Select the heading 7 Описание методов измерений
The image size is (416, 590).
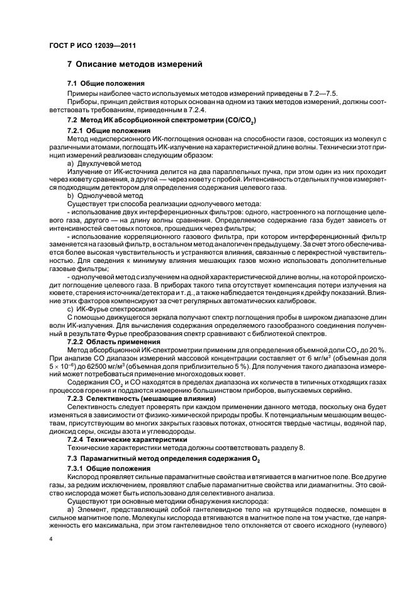tap(134, 64)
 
